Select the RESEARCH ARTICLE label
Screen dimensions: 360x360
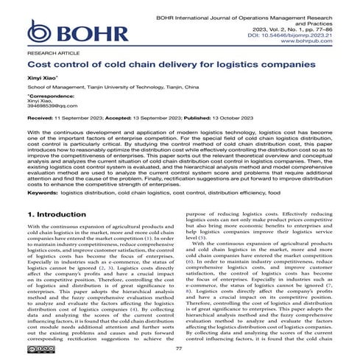click(50, 54)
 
